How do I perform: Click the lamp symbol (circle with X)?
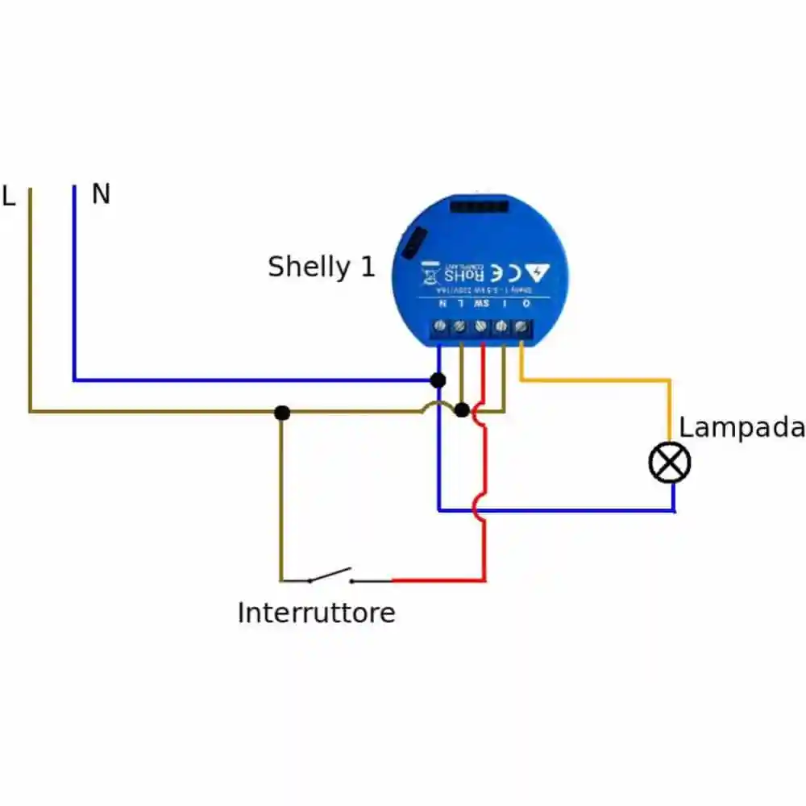click(670, 463)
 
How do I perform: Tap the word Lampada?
click(741, 427)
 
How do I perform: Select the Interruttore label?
click(316, 613)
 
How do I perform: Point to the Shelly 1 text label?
click(322, 267)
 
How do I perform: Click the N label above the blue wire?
click(101, 194)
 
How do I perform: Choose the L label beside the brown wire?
click(9, 197)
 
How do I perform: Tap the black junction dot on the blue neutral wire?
click(438, 380)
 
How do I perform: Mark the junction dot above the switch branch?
click(281, 413)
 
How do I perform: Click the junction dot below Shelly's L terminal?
click(461, 410)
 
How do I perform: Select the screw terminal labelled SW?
click(481, 326)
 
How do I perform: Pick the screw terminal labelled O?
click(521, 326)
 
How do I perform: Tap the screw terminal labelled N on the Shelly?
click(440, 326)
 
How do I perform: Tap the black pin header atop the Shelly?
click(479, 206)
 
